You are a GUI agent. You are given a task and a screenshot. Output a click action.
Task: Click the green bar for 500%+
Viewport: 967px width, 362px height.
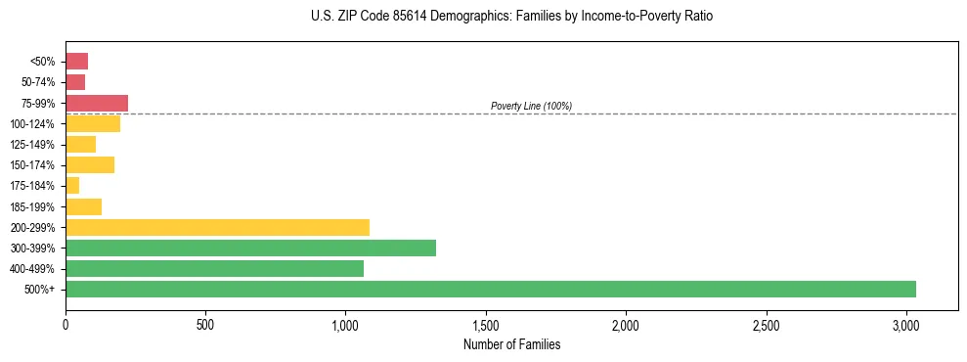(x=490, y=289)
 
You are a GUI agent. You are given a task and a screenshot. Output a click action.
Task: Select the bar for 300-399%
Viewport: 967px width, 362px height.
(x=250, y=248)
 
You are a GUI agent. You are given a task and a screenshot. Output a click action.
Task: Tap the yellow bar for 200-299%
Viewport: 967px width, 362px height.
(x=217, y=227)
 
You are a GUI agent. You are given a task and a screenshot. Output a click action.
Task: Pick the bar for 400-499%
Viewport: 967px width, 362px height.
(x=214, y=268)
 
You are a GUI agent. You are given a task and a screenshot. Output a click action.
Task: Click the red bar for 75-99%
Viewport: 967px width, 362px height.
(x=97, y=103)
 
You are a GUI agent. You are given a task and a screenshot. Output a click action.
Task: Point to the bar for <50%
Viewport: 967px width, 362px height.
(x=76, y=62)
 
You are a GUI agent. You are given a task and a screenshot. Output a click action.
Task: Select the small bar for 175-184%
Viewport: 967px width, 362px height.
(x=72, y=186)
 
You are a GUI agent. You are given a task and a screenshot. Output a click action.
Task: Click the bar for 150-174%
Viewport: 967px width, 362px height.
(x=90, y=164)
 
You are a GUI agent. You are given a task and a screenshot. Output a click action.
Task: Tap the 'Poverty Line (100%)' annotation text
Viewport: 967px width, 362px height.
(x=531, y=106)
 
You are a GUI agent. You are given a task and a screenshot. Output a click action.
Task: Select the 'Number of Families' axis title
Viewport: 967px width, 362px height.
(x=512, y=344)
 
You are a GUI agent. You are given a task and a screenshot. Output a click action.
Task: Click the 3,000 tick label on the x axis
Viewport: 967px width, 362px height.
(x=906, y=324)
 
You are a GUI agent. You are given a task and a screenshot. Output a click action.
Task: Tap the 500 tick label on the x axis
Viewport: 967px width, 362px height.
(x=205, y=324)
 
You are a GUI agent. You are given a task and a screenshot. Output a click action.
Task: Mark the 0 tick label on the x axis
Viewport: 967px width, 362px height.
(x=66, y=324)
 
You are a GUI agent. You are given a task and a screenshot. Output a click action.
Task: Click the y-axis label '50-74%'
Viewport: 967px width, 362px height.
(x=40, y=82)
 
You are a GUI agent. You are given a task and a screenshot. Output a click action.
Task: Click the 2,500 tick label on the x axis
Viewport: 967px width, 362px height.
(x=767, y=324)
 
